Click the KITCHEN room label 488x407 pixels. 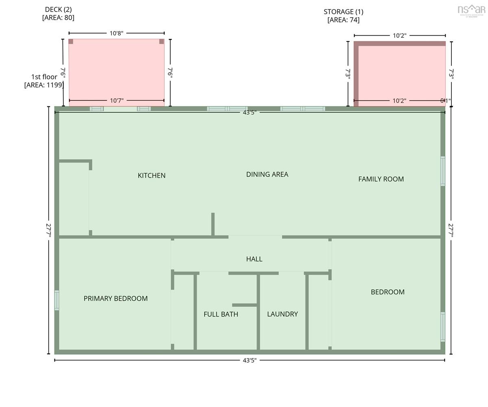(151, 175)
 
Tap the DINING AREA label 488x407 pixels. (267, 174)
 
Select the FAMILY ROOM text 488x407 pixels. (381, 179)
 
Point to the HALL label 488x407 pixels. (254, 259)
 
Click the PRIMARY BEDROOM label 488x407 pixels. (115, 299)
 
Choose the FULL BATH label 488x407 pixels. (221, 314)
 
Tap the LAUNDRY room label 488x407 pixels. (282, 314)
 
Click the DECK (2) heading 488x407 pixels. (58, 9)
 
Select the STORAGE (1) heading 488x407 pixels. (343, 12)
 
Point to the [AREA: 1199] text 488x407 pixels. (44, 85)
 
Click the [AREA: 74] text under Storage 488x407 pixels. (343, 20)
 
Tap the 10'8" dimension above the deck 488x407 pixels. (116, 33)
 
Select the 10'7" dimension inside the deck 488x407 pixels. (117, 100)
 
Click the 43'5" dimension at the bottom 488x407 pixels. (249, 360)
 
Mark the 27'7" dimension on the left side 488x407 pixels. (49, 230)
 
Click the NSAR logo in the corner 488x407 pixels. (471, 11)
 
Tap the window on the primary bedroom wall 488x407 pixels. (57, 300)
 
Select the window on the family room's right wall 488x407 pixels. (443, 171)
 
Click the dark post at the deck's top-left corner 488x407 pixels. (71, 41)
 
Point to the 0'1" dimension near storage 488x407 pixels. (445, 101)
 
